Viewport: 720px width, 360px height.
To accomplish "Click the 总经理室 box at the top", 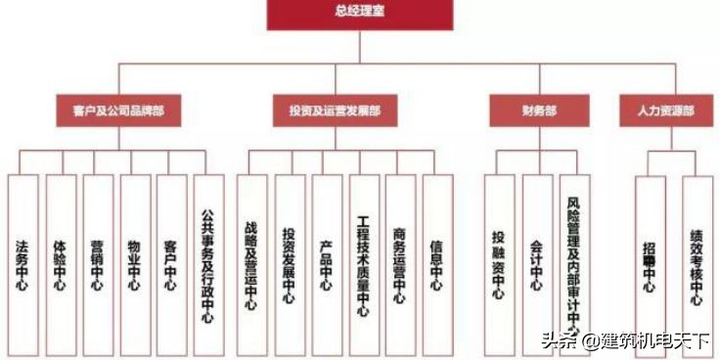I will coord(359,14).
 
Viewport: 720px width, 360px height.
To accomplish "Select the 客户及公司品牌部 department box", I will coord(118,112).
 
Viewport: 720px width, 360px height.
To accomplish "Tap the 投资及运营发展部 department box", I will coord(335,112).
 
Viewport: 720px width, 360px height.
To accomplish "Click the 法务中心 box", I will coord(22,264).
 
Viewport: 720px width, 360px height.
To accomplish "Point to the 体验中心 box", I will coord(60,264).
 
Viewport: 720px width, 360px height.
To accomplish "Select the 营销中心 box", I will coord(97,264).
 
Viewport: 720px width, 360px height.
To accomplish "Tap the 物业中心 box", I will coord(134,264).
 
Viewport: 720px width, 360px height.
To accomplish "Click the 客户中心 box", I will coord(171,264).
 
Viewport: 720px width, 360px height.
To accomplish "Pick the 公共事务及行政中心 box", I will coord(208,264).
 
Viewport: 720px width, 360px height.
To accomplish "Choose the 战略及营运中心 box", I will coord(251,264).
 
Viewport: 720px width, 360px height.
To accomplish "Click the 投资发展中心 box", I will coord(289,264).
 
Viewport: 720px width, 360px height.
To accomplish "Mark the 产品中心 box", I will coord(326,264).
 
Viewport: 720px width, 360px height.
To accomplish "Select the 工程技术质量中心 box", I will coord(363,264).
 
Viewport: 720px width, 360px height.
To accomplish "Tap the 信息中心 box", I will coord(437,264).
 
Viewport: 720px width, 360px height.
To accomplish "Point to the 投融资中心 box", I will coord(498,264).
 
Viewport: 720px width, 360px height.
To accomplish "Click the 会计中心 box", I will coord(536,264).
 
